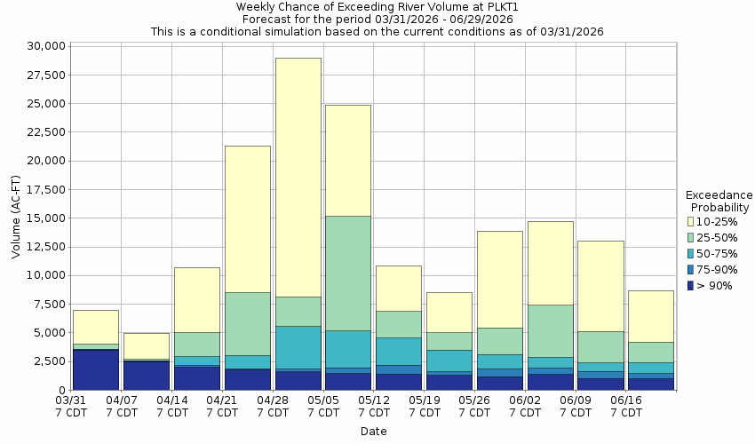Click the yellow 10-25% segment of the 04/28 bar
click(x=298, y=177)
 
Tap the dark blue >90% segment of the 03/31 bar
click(x=96, y=369)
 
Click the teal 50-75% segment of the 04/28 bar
click(x=298, y=347)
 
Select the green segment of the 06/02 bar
click(x=550, y=330)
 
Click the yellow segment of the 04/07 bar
click(x=147, y=345)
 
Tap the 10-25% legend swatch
click(x=691, y=221)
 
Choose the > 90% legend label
click(x=715, y=286)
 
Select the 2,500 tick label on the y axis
click(x=45, y=361)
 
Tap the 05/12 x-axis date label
click(x=373, y=407)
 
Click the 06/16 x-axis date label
click(x=626, y=407)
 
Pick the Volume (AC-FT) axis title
click(x=15, y=218)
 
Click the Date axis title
click(x=373, y=432)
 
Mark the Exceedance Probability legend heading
click(x=719, y=201)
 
